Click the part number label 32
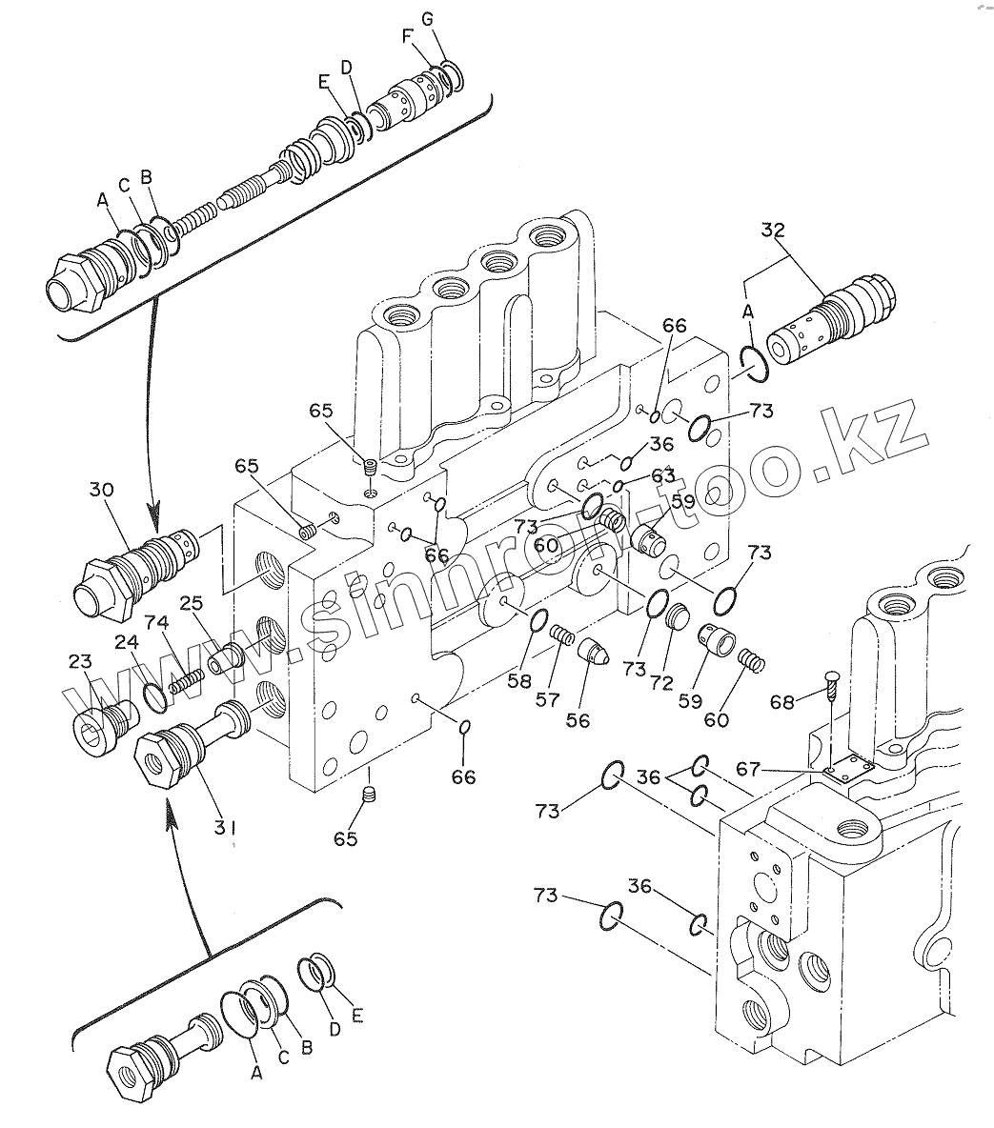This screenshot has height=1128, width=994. pyautogui.click(x=773, y=231)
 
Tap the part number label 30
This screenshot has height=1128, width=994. pyautogui.click(x=101, y=490)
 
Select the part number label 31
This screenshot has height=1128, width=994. pyautogui.click(x=225, y=828)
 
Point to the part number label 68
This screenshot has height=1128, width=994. pyautogui.click(x=782, y=700)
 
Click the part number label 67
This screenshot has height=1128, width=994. pyautogui.click(x=748, y=769)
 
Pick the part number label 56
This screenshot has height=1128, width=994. pyautogui.click(x=578, y=720)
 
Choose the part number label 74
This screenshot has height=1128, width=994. pyautogui.click(x=156, y=621)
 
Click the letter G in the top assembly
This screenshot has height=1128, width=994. pyautogui.click(x=428, y=19)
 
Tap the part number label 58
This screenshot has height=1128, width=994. pyautogui.click(x=519, y=680)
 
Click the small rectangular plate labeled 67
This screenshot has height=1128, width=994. pyautogui.click(x=849, y=768)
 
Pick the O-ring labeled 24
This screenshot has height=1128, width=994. pyautogui.click(x=155, y=697)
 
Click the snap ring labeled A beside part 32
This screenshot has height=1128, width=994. pyautogui.click(x=755, y=362)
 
